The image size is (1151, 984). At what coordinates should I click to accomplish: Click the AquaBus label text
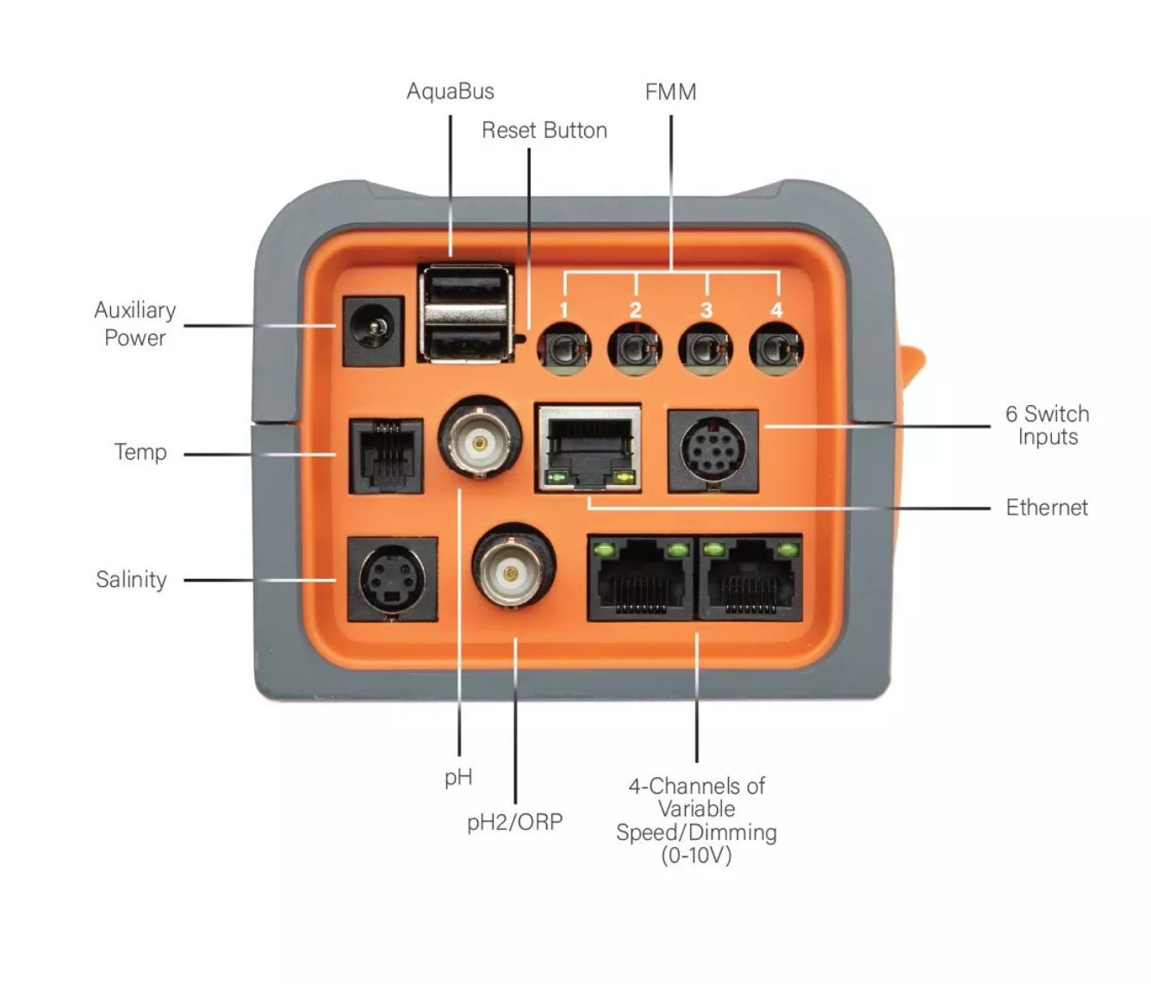[x=450, y=91]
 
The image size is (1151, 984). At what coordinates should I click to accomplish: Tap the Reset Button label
[x=544, y=130]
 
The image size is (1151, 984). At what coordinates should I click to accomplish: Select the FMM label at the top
[x=670, y=92]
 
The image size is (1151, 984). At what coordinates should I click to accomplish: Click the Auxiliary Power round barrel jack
[x=373, y=331]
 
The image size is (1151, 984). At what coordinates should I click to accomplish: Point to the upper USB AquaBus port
[x=465, y=288]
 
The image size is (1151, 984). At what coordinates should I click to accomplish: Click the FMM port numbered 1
[x=563, y=350]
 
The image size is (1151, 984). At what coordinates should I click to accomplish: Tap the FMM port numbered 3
[x=706, y=350]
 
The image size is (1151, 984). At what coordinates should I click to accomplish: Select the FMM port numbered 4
[x=776, y=350]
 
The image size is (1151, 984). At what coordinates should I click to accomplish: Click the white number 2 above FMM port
[x=635, y=310]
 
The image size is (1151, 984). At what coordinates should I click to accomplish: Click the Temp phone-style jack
[x=385, y=456]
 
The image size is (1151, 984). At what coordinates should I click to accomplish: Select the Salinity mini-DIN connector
[x=392, y=578]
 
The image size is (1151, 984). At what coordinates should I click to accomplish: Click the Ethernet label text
[x=1046, y=508]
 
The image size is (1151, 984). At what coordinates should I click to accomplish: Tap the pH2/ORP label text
[x=514, y=822]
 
